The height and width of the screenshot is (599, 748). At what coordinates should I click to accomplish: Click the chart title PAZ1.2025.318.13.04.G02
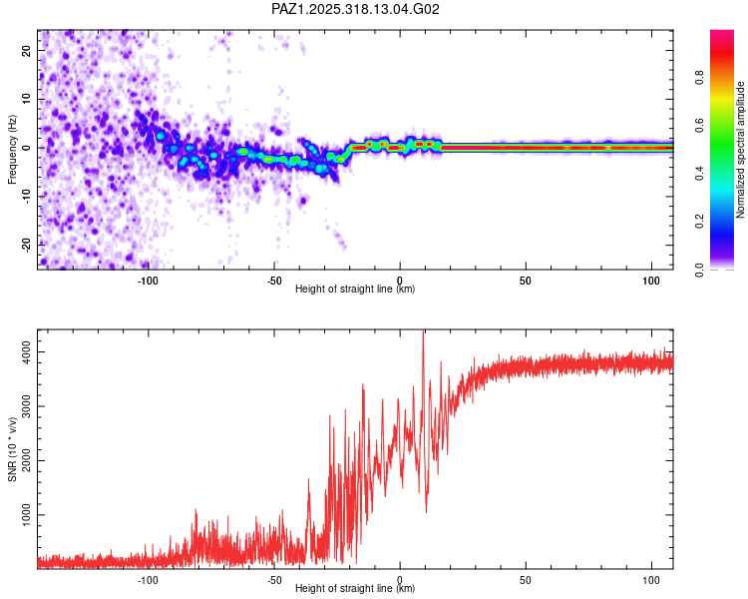355,9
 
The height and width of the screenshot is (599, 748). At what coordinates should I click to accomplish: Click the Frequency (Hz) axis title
12,149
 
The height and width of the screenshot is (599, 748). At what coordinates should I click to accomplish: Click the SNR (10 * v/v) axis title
12,448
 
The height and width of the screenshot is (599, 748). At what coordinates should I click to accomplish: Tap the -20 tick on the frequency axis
24,245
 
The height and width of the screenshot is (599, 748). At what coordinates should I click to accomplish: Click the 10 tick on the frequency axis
27,99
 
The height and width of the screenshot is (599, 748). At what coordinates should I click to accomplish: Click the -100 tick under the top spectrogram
148,280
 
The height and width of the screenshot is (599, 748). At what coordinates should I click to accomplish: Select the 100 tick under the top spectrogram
652,280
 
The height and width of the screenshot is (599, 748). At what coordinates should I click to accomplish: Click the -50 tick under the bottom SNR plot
273,579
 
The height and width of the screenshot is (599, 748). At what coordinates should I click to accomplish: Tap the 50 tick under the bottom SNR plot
526,579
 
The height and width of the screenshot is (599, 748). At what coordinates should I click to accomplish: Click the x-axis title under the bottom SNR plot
355,589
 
